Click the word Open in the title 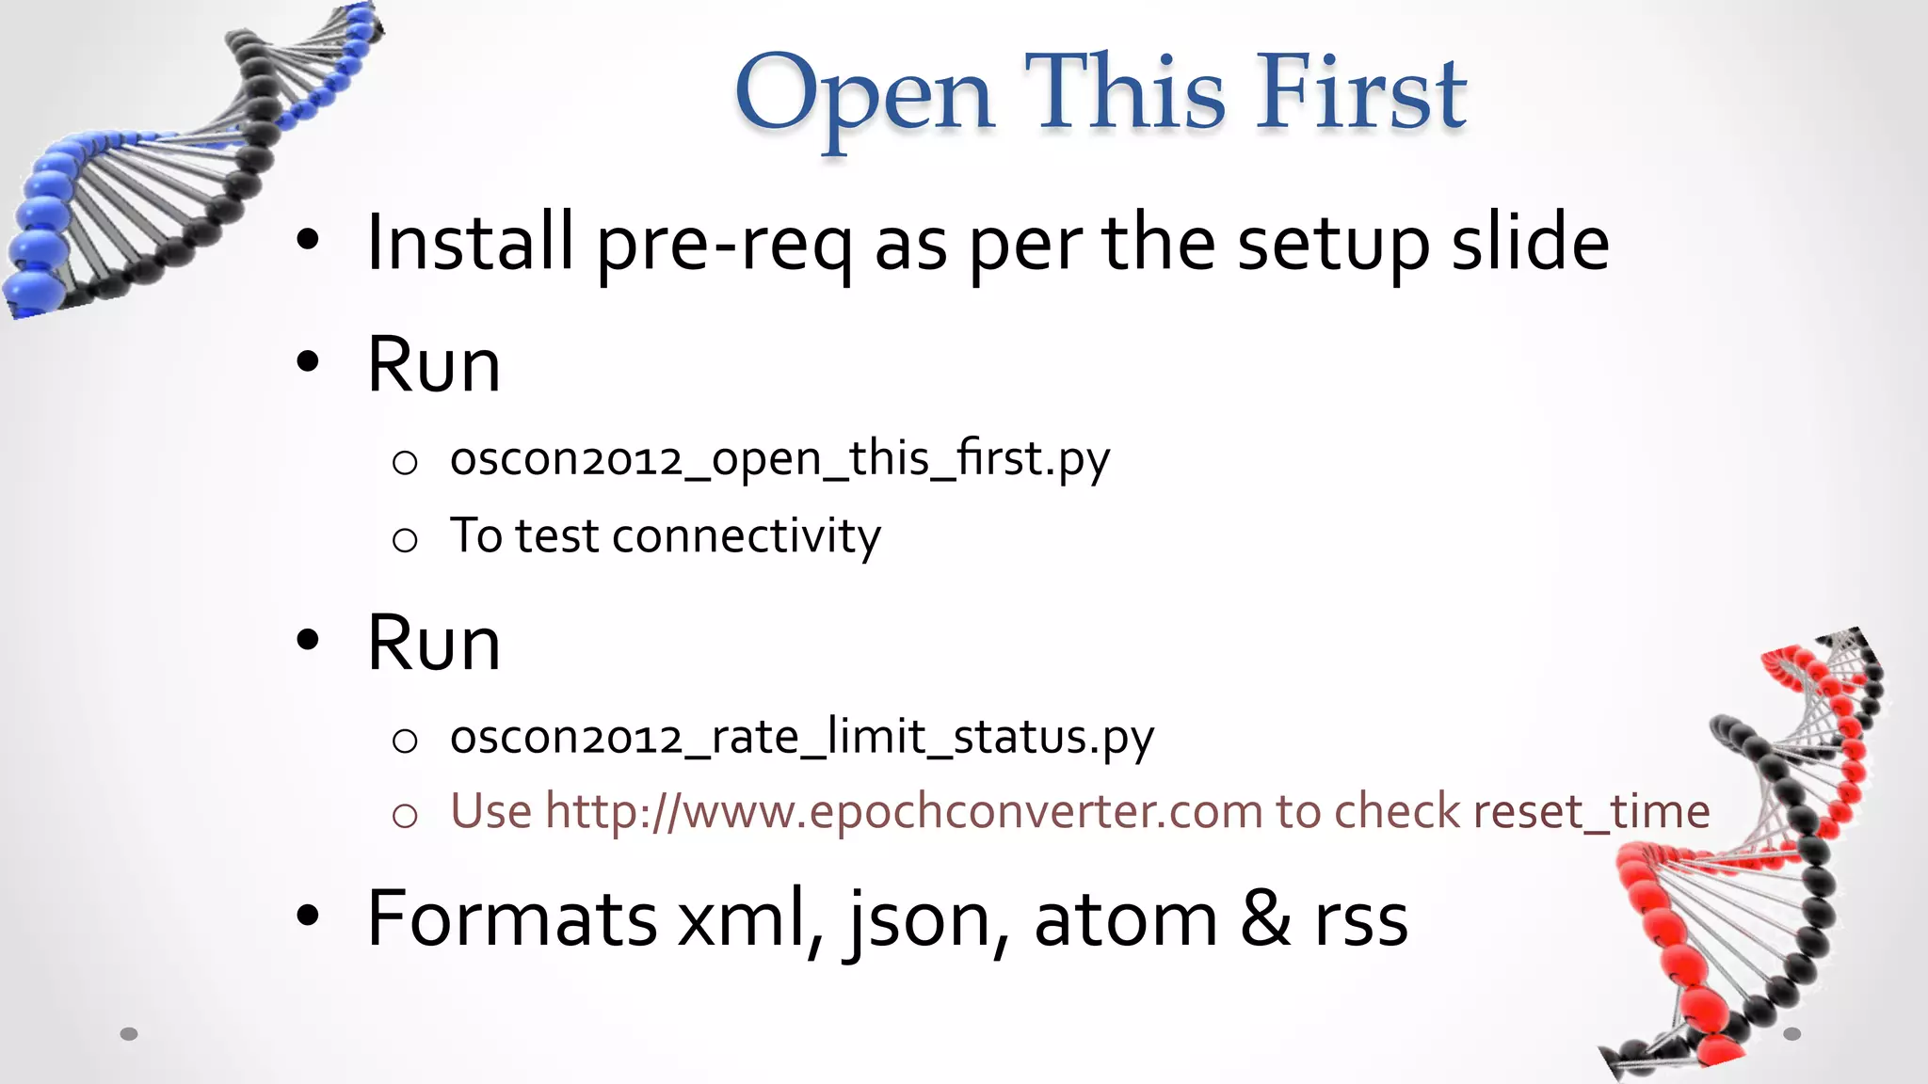click(x=864, y=94)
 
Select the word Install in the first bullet click(x=470, y=243)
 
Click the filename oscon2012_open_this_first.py click(x=779, y=459)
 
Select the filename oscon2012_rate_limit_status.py click(x=801, y=737)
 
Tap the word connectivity click(x=747, y=536)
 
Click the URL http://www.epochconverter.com click(x=904, y=811)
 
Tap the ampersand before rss click(x=1265, y=918)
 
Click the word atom click(x=1125, y=918)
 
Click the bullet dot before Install click(x=308, y=241)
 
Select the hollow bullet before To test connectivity click(x=405, y=539)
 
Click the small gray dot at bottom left click(x=129, y=1034)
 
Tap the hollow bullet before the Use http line click(x=405, y=815)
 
